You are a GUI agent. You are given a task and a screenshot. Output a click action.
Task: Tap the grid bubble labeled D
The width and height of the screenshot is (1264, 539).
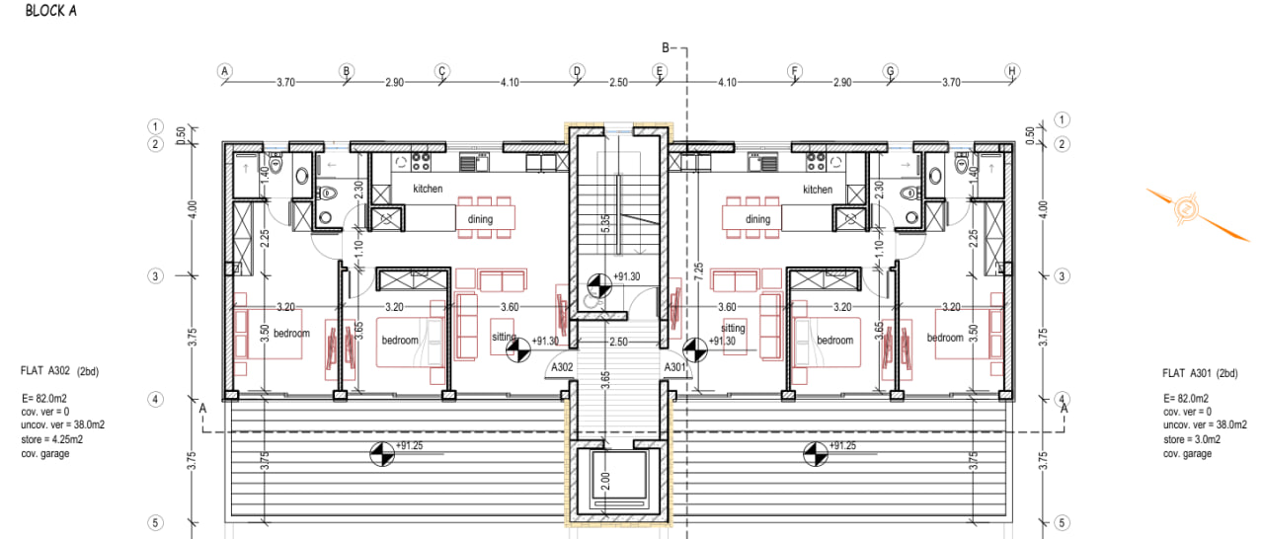577,71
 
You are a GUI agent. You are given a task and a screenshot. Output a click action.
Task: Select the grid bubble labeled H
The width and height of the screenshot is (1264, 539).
1011,71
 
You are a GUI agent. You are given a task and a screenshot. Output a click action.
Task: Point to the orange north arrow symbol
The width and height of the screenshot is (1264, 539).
1185,210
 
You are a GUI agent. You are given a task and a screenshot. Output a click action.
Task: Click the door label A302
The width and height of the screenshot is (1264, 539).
562,367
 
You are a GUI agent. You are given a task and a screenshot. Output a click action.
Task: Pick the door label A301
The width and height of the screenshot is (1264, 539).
675,367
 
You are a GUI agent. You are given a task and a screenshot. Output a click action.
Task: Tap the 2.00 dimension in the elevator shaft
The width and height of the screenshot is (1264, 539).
604,484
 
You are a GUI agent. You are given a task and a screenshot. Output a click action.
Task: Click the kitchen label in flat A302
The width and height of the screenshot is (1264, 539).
428,189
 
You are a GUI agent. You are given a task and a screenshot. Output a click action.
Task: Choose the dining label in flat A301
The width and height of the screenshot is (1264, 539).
757,219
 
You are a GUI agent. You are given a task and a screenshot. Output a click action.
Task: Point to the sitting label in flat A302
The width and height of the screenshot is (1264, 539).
504,337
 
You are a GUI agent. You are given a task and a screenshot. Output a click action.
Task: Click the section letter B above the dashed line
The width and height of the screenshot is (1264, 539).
666,47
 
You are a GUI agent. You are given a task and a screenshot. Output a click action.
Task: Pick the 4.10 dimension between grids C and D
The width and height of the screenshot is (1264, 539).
510,83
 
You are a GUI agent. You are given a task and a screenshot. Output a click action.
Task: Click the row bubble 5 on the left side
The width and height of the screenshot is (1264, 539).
155,523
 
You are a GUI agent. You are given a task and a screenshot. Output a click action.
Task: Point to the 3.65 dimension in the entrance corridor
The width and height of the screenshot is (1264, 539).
604,380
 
